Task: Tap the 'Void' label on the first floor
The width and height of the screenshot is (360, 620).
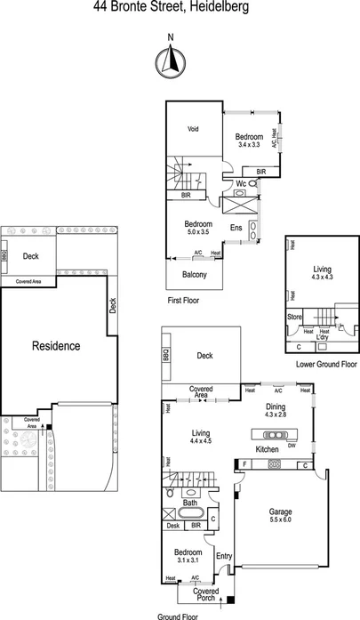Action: [x=193, y=129]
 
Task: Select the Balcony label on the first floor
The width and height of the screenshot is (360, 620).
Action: [x=195, y=275]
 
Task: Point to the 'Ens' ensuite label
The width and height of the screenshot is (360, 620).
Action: [x=236, y=229]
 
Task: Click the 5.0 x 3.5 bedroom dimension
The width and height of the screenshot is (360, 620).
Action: [x=196, y=231]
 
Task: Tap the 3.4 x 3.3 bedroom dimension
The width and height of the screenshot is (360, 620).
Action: [x=249, y=144]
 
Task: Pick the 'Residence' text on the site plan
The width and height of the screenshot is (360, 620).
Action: [x=56, y=346]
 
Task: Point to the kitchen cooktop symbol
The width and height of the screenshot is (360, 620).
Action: [x=276, y=464]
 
